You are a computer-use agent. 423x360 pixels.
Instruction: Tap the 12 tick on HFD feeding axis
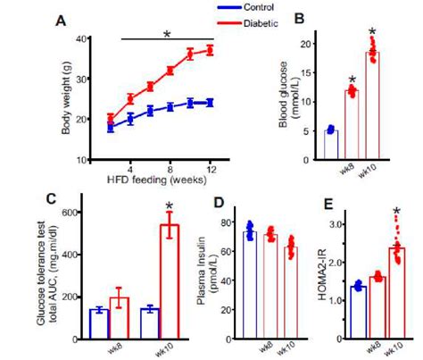(211, 168)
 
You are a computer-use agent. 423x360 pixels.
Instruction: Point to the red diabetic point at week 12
(211, 50)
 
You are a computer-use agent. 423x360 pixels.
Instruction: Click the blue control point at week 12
(211, 102)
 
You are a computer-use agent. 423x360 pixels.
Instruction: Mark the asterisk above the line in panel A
(167, 36)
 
